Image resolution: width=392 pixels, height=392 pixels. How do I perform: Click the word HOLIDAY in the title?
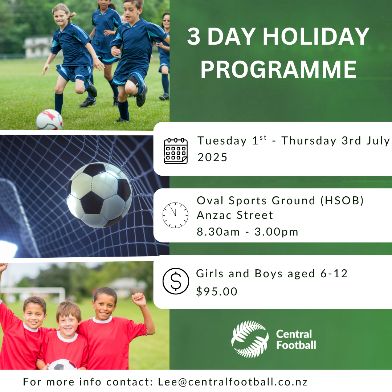(x=316, y=37)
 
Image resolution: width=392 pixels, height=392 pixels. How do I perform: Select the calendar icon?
(x=176, y=151)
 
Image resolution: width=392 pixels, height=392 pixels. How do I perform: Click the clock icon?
(x=175, y=215)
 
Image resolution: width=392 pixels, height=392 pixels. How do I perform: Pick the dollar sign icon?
(x=176, y=281)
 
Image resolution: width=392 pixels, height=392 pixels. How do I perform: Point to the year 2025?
(x=212, y=158)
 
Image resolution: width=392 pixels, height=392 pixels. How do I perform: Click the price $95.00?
(x=217, y=291)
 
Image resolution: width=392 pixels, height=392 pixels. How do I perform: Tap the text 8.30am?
(x=218, y=232)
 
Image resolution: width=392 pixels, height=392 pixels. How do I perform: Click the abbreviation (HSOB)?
(x=342, y=200)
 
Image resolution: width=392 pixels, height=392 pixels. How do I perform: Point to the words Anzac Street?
(x=235, y=215)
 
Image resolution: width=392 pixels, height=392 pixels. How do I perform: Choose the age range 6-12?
(x=334, y=274)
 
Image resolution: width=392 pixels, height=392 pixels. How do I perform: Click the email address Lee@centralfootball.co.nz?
(x=233, y=382)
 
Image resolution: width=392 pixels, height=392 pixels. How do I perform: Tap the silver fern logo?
(x=250, y=339)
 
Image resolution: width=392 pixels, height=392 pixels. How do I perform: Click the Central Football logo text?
(x=296, y=339)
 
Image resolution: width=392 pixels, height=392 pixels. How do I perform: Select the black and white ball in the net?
(x=99, y=195)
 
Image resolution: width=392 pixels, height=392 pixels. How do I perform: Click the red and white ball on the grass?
(x=49, y=120)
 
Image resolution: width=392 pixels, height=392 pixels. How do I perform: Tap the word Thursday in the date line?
(x=309, y=140)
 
